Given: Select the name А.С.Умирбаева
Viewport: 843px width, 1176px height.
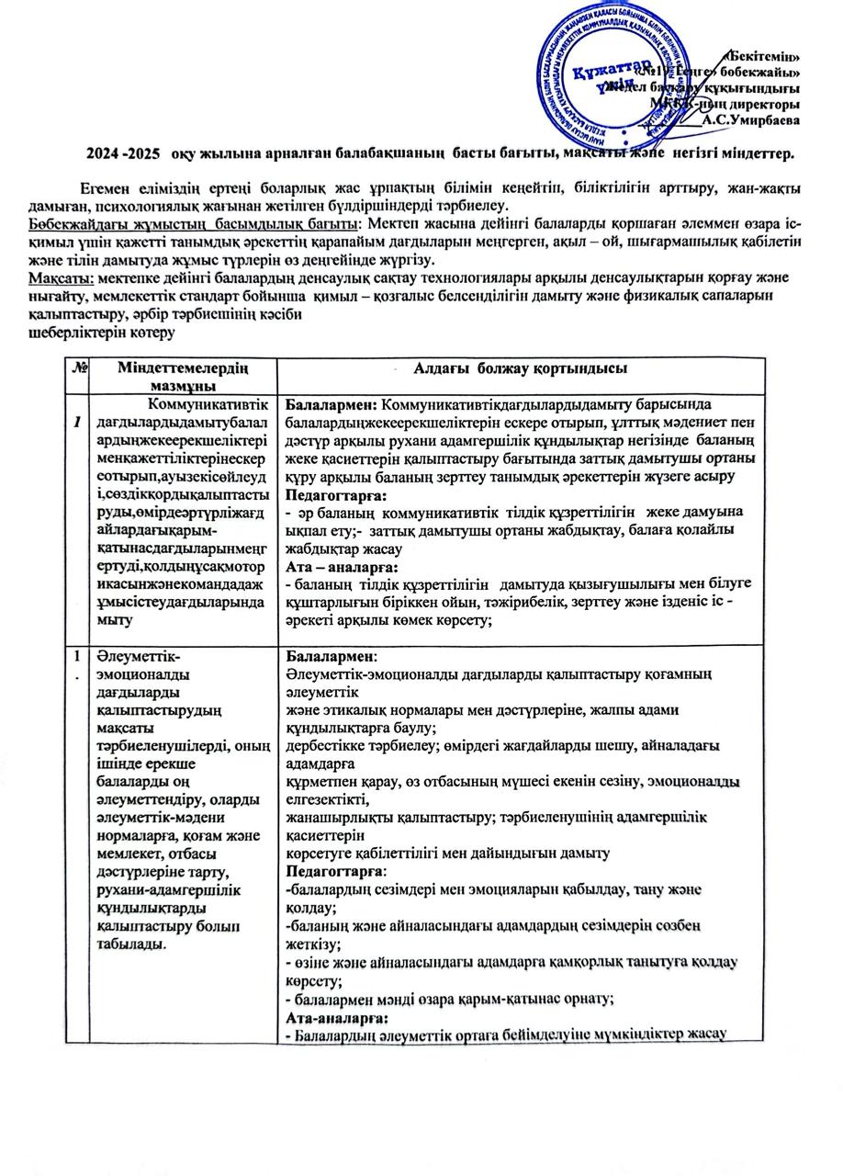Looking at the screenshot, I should point(750,119).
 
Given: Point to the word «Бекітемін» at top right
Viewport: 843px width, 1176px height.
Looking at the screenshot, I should point(762,56).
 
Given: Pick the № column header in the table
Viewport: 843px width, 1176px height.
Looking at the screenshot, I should point(79,367).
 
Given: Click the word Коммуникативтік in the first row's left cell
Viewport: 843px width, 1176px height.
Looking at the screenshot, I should point(212,403).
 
